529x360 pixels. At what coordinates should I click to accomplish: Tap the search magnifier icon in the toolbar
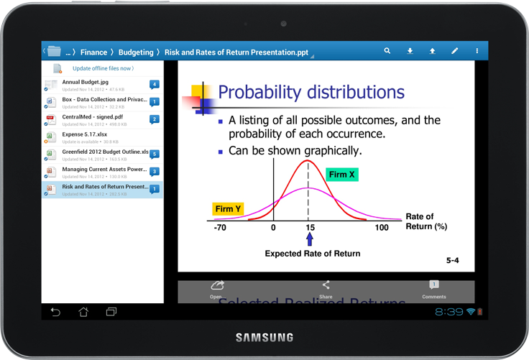[387, 51]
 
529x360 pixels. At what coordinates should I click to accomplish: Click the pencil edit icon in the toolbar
[454, 51]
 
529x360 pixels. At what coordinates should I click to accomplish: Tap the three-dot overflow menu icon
[477, 51]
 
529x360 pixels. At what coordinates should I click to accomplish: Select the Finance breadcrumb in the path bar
[93, 52]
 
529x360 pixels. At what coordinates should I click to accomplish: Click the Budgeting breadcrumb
[136, 52]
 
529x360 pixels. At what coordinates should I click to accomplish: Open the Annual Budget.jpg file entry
[86, 83]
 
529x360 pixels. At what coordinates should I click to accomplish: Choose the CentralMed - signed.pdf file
[92, 117]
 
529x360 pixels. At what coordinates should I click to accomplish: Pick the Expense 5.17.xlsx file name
[85, 134]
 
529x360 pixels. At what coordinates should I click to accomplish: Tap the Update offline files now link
[103, 68]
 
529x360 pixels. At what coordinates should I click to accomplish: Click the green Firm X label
[341, 175]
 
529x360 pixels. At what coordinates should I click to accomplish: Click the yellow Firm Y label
[228, 209]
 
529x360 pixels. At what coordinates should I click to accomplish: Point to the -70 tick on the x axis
[220, 228]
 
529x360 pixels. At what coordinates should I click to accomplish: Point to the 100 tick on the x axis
[382, 228]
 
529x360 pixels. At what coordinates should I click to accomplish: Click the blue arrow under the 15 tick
[310, 239]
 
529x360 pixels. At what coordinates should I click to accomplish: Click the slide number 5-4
[452, 260]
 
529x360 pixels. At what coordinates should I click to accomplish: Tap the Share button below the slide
[326, 290]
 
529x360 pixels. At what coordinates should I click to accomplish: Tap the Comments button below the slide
[433, 290]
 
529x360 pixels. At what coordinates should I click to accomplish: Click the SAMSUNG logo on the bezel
[264, 337]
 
